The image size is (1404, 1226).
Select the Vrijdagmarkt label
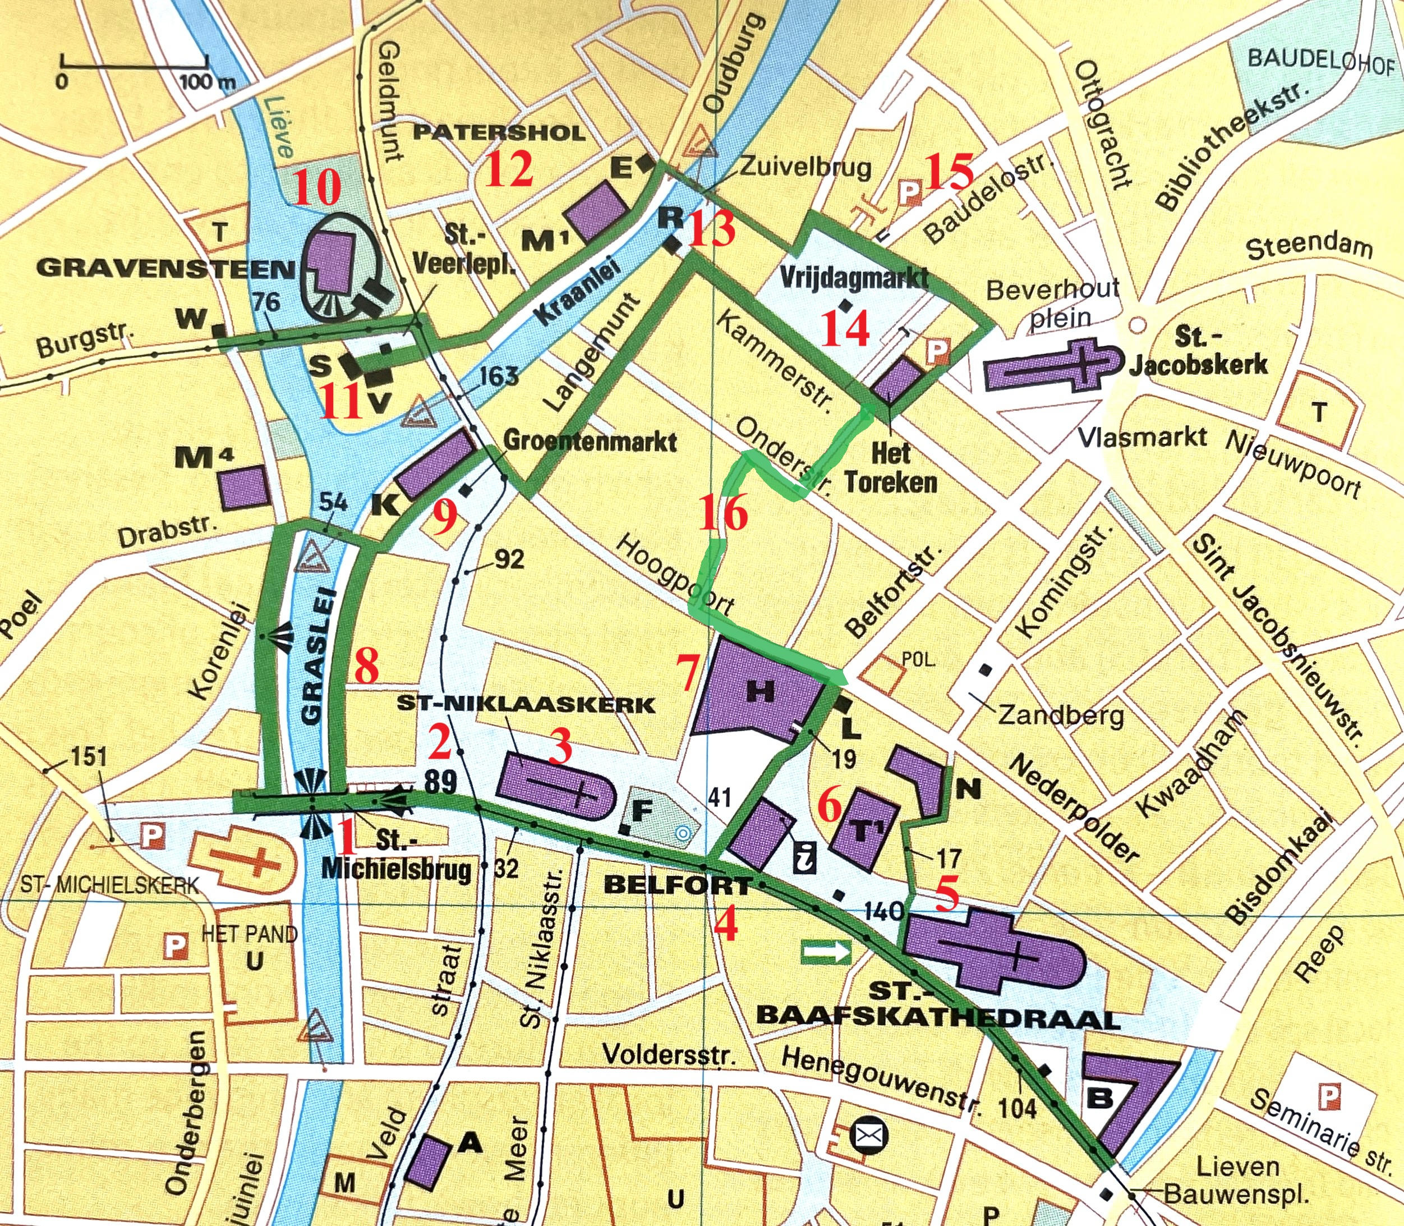point(854,278)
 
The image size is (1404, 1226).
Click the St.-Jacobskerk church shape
point(1054,369)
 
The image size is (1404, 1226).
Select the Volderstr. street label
point(669,1054)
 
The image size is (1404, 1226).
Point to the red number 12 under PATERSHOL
point(509,168)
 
